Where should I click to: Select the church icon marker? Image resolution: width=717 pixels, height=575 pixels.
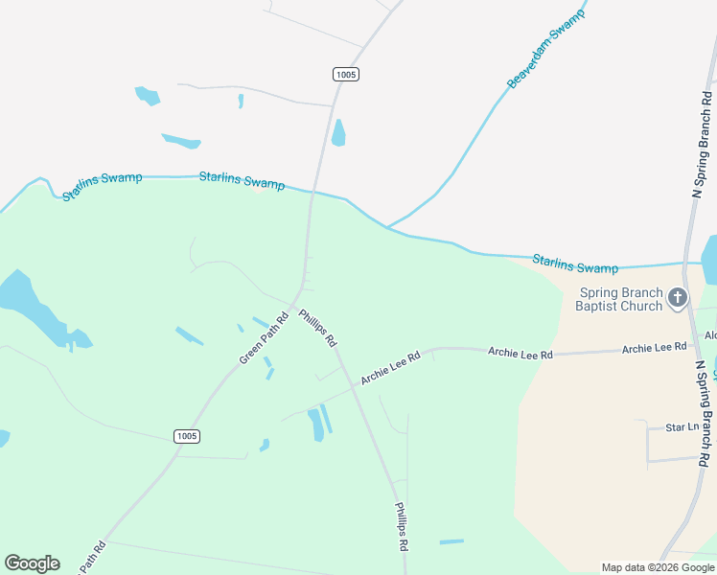678,298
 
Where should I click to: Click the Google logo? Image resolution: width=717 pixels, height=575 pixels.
32,563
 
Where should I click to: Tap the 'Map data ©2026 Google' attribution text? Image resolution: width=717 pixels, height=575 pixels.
658,567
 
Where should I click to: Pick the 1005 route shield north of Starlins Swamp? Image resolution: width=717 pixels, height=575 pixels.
346,74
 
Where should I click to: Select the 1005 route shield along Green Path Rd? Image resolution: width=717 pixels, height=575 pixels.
187,436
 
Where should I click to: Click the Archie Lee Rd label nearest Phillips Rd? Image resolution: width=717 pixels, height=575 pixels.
390,368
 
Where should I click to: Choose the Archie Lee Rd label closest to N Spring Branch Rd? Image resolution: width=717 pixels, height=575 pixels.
654,348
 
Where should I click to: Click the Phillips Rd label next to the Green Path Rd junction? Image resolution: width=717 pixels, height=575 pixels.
317,328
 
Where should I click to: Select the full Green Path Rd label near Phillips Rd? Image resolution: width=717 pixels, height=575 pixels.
264,338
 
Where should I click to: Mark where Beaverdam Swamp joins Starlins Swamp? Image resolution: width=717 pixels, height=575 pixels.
387,227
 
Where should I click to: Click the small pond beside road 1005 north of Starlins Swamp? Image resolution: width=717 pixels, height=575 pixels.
338,133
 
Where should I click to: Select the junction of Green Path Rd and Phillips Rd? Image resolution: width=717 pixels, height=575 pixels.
301,287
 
